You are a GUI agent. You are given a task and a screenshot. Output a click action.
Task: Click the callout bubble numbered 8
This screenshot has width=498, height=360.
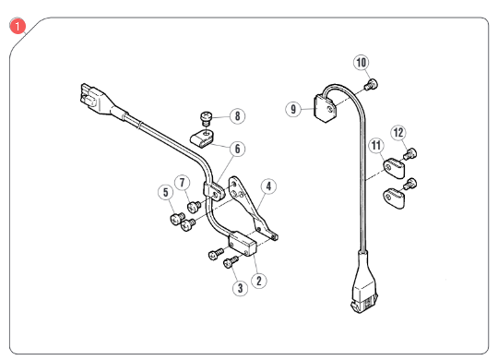(238, 117)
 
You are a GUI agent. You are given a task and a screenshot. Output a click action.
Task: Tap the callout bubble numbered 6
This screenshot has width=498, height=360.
(238, 148)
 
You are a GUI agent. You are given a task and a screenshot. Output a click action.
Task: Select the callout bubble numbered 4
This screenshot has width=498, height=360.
(267, 186)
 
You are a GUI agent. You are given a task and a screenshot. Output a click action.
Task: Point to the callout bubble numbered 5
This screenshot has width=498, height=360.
(165, 193)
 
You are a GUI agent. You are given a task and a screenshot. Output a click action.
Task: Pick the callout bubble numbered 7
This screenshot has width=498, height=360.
(183, 183)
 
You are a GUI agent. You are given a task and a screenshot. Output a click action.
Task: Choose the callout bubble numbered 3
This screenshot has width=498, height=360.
(240, 288)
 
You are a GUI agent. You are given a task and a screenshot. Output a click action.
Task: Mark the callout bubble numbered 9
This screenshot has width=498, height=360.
(294, 109)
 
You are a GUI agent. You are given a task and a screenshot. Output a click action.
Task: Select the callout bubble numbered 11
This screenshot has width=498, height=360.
(375, 146)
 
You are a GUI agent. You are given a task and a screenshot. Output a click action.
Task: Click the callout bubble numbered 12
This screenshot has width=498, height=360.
(398, 133)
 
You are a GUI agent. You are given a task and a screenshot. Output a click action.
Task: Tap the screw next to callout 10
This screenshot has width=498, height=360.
(371, 85)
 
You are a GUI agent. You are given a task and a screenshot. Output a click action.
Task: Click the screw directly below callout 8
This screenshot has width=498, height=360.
(207, 118)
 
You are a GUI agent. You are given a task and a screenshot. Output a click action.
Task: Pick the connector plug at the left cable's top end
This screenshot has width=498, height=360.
(89, 96)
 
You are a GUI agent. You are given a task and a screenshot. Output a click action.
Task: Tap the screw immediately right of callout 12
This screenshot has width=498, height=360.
(413, 153)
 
